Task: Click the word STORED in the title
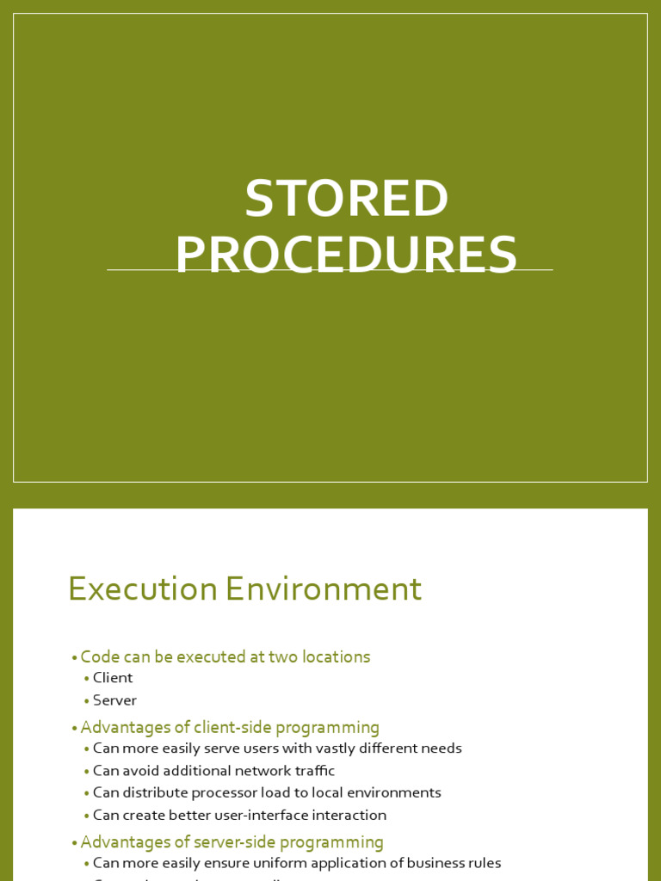click(346, 199)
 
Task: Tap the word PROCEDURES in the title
click(346, 256)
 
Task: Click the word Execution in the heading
click(143, 589)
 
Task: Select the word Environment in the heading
click(324, 589)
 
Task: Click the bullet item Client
click(113, 678)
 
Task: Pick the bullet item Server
click(114, 700)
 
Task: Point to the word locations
click(334, 657)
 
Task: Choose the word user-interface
click(270, 816)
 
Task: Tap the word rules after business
click(483, 863)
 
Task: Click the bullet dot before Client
click(86, 679)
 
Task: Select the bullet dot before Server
click(86, 701)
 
